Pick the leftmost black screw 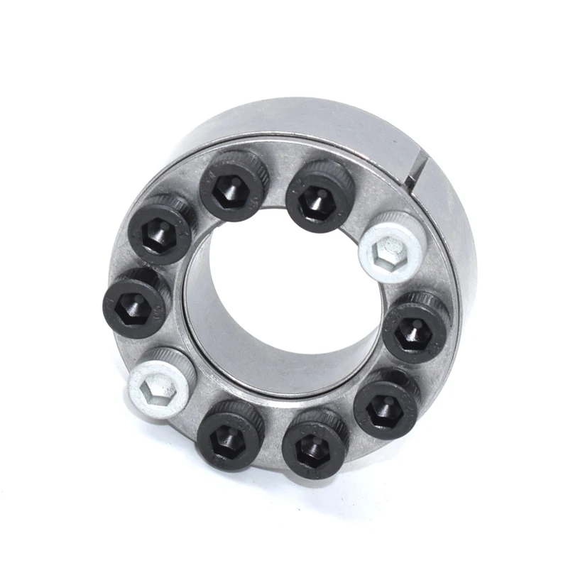(x=136, y=303)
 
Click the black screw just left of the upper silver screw (x=319, y=195)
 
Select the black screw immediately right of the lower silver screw (x=229, y=435)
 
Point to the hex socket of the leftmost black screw (x=133, y=307)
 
